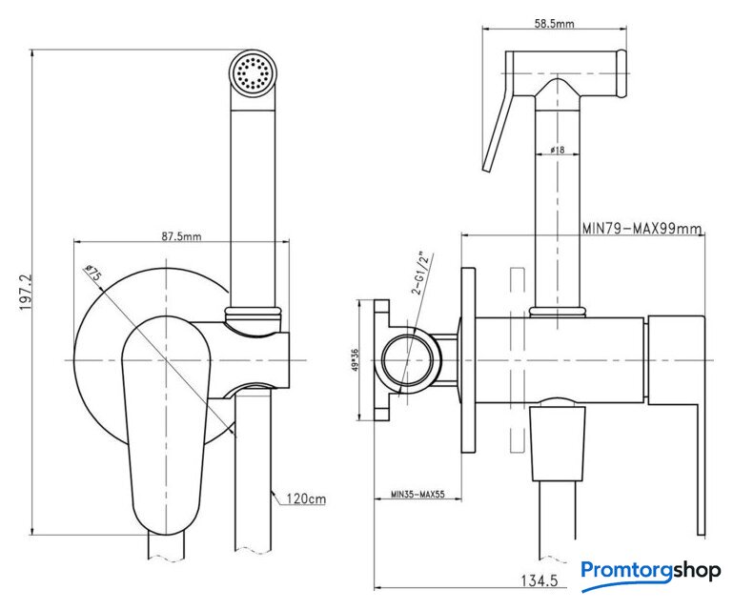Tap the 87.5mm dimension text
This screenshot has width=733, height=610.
coord(181,235)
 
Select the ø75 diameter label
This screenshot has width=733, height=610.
coord(94,273)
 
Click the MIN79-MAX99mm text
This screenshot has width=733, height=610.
coord(641,229)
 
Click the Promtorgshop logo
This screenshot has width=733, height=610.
coord(651,571)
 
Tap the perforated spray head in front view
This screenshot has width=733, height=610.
coord(253,74)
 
